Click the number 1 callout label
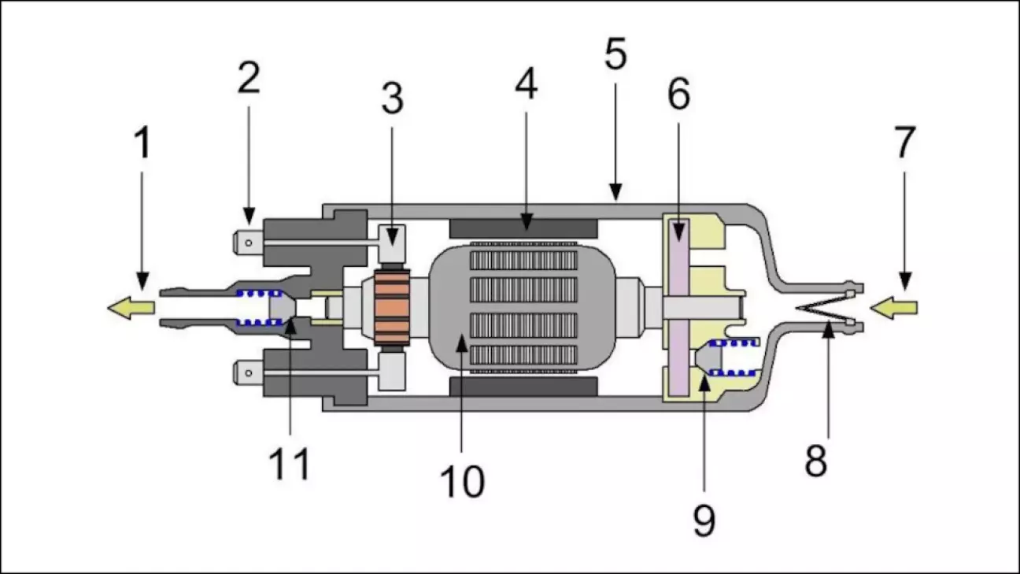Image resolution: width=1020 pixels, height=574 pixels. click(142, 143)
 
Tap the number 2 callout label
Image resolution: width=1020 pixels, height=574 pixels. click(249, 79)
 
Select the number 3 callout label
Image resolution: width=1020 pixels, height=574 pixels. click(392, 99)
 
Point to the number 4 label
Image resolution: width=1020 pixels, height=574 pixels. click(527, 84)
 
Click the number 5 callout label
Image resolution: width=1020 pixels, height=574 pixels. click(615, 55)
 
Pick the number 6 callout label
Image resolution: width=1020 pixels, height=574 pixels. click(678, 94)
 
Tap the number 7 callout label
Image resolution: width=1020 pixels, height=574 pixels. click(904, 143)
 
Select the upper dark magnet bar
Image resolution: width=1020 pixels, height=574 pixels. click(523, 228)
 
